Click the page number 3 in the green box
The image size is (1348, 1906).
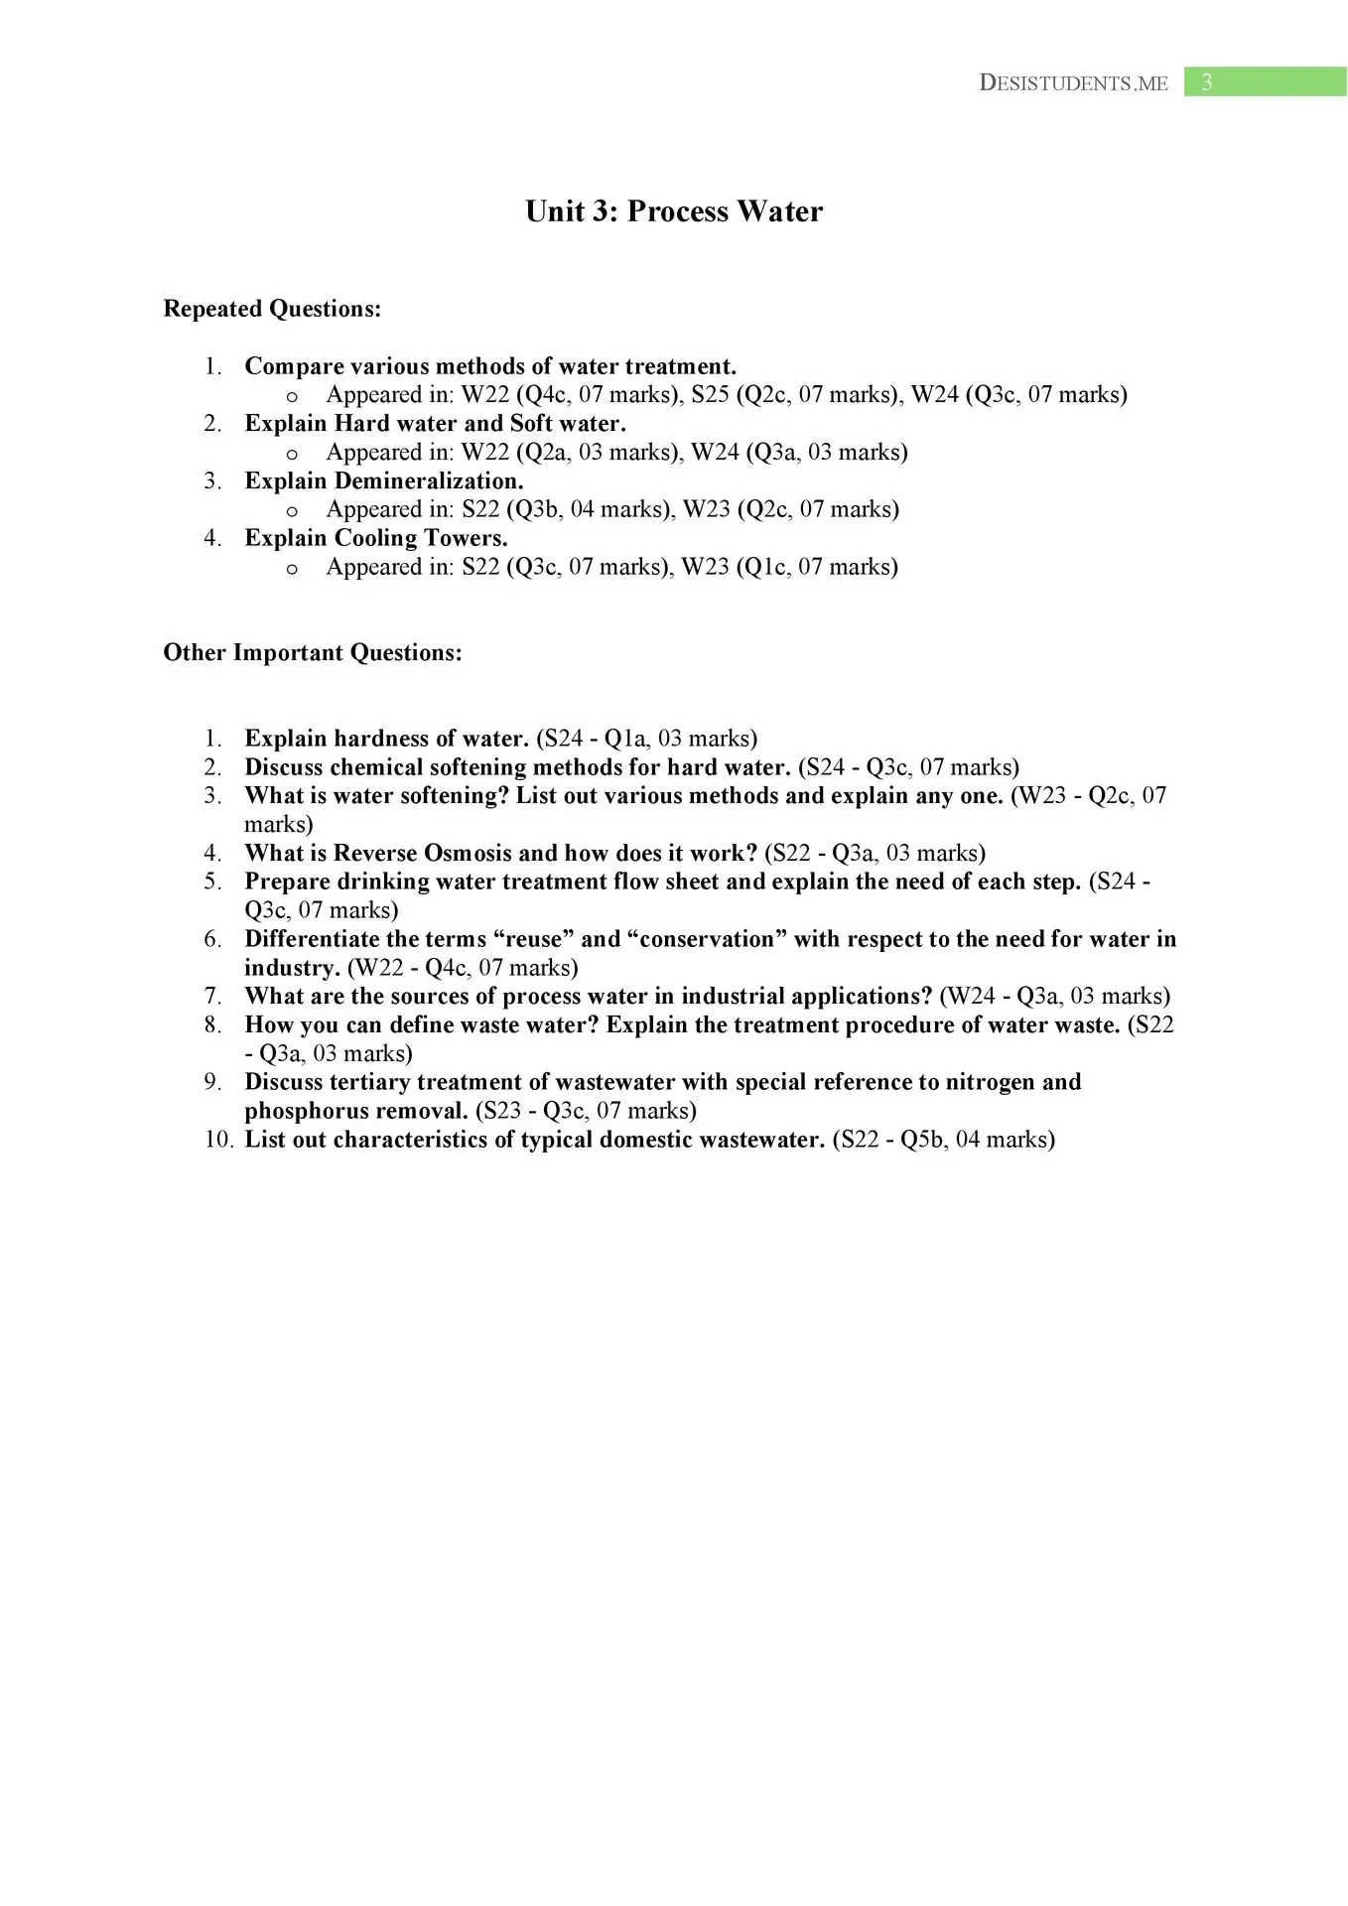[1206, 82]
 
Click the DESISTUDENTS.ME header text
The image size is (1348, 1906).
[1073, 83]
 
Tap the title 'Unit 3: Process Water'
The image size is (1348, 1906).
[674, 211]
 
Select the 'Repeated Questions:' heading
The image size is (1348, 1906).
[272, 309]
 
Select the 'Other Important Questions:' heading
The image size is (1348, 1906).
[313, 652]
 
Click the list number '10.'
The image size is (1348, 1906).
[218, 1140]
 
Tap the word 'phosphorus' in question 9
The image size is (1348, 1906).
[301, 1111]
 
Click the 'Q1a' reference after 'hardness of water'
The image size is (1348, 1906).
[625, 739]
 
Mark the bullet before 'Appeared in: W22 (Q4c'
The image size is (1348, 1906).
[292, 396]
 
